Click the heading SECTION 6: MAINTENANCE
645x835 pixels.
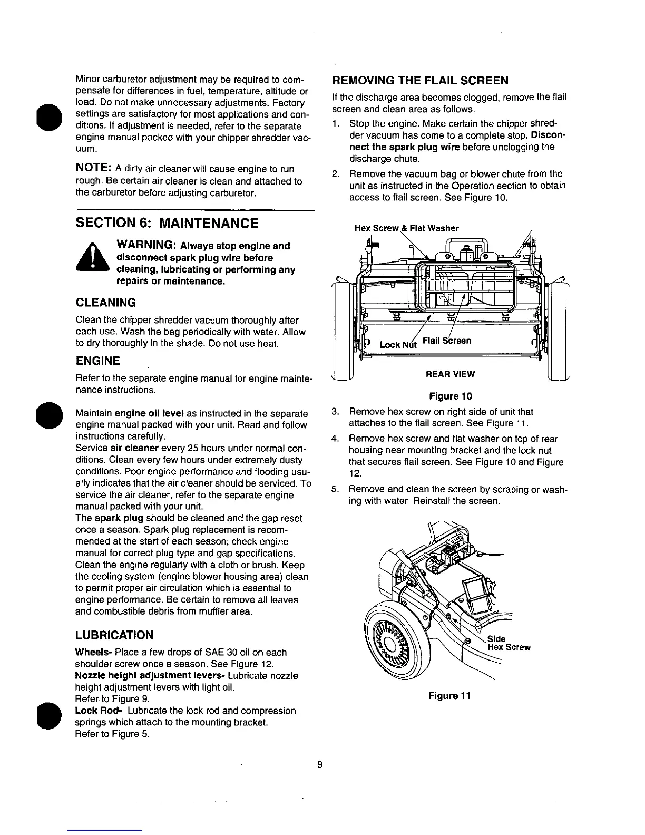coord(167,224)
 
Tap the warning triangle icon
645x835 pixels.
coord(92,260)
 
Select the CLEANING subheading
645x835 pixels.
coord(106,303)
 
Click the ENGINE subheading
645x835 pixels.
coord(98,361)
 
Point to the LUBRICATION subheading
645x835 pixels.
coord(115,635)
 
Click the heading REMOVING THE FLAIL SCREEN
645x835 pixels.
coord(420,81)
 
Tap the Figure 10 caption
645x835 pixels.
coord(451,396)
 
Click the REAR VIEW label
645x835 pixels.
coord(451,374)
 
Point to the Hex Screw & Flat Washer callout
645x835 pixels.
coord(406,228)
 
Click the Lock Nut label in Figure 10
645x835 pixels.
coord(398,344)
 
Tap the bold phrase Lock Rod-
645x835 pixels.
coord(95,711)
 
